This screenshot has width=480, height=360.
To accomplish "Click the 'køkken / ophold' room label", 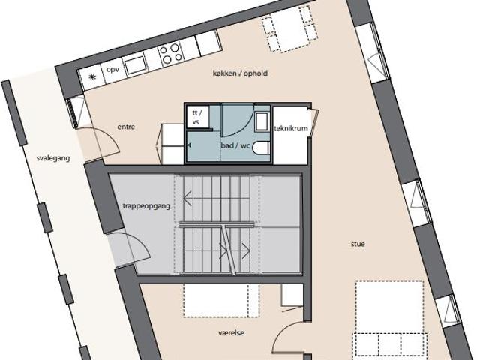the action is [240, 73].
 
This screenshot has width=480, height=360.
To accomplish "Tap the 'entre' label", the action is [126, 127].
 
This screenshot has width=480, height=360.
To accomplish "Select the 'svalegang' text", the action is [53, 158].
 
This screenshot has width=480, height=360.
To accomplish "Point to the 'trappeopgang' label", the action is [146, 206].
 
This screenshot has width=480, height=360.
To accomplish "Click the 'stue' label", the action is [358, 244].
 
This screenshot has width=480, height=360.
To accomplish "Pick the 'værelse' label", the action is [232, 333].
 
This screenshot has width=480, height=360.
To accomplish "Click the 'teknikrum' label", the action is [291, 128].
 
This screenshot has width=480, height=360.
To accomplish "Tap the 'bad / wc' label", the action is [235, 145].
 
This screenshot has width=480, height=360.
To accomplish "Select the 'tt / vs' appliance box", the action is [198, 116].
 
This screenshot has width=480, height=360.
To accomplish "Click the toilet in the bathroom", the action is [261, 148].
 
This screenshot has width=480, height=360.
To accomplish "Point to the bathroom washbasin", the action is [262, 121].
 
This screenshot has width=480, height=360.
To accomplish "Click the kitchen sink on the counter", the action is [135, 65].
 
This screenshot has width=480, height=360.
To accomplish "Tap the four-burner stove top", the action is [171, 53].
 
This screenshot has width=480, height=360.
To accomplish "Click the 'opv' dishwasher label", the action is [112, 69].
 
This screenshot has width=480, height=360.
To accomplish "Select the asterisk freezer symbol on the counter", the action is [91, 76].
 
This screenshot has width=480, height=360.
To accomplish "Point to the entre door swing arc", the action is [105, 134].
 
